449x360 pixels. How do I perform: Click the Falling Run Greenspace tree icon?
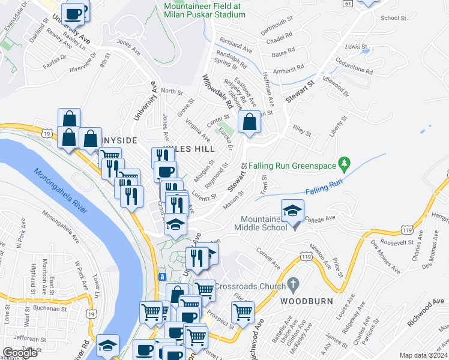coord(344,163)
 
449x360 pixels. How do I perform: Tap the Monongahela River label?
coord(60,191)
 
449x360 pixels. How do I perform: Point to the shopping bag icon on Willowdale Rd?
coord(249,122)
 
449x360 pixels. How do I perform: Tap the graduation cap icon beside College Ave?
coord(292,210)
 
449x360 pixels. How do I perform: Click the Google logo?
coord(20,353)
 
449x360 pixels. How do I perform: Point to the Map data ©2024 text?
coord(423,355)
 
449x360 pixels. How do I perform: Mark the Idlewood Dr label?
coord(336,86)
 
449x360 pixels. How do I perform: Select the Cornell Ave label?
coord(268,257)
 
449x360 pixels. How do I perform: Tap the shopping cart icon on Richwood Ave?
coord(243,311)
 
